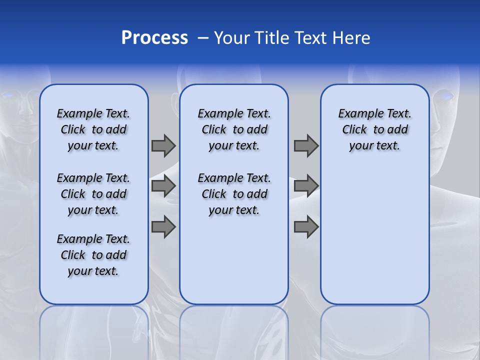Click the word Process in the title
click(154, 38)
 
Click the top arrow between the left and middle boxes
click(163, 145)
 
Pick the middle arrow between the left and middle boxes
click(163, 186)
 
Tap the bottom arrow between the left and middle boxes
click(163, 226)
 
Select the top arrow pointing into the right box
click(306, 145)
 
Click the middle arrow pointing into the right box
click(306, 186)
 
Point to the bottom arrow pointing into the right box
click(306, 226)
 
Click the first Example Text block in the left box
click(93, 129)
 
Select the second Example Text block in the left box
click(93, 194)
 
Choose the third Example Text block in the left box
click(93, 255)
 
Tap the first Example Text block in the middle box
click(234, 129)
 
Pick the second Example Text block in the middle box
click(234, 194)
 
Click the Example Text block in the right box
click(374, 129)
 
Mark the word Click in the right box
click(354, 129)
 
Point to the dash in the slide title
click(203, 38)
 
